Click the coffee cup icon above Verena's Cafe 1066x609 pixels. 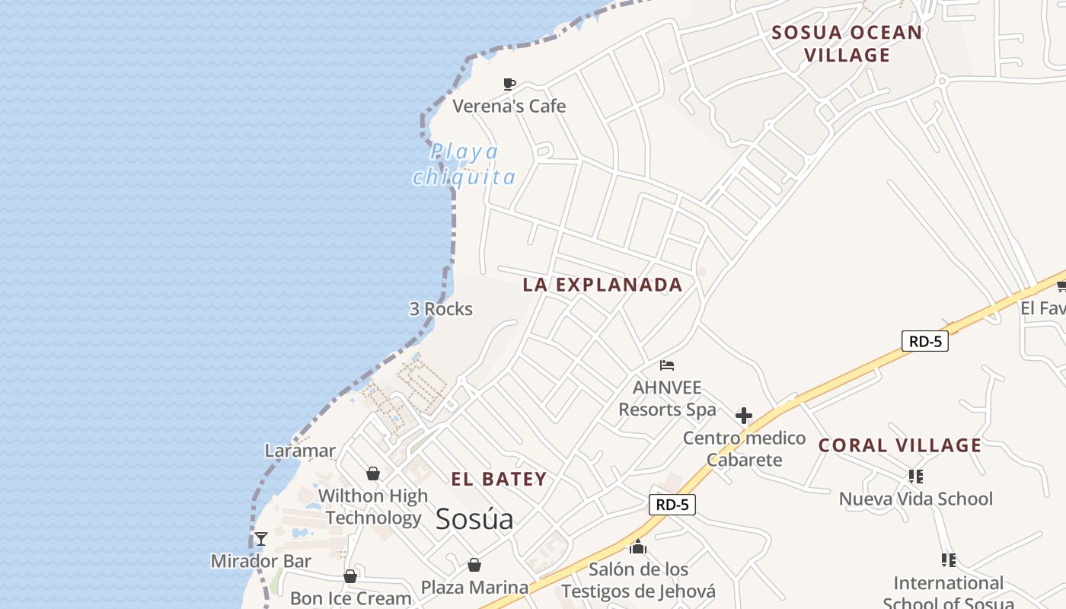(509, 84)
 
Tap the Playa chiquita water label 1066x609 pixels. (464, 164)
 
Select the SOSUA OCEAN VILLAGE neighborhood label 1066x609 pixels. (847, 43)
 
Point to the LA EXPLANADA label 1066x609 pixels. (602, 285)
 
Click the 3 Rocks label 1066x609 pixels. (441, 309)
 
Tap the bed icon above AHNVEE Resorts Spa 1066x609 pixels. (667, 365)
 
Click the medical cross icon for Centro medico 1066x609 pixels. (744, 416)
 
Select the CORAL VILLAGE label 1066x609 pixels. (900, 445)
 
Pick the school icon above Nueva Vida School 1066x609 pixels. (916, 477)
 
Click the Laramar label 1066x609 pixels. (300, 451)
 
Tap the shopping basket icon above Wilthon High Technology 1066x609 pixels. (373, 473)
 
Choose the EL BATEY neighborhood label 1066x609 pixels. (499, 479)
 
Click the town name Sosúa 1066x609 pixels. (474, 519)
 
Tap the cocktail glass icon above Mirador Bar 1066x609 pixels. (261, 539)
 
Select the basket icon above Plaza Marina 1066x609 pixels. (474, 565)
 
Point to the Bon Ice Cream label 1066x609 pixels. (351, 598)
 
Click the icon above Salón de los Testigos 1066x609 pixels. (638, 547)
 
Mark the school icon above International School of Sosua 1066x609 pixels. (948, 560)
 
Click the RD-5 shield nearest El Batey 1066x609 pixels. (672, 504)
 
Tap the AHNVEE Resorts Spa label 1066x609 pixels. (667, 398)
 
